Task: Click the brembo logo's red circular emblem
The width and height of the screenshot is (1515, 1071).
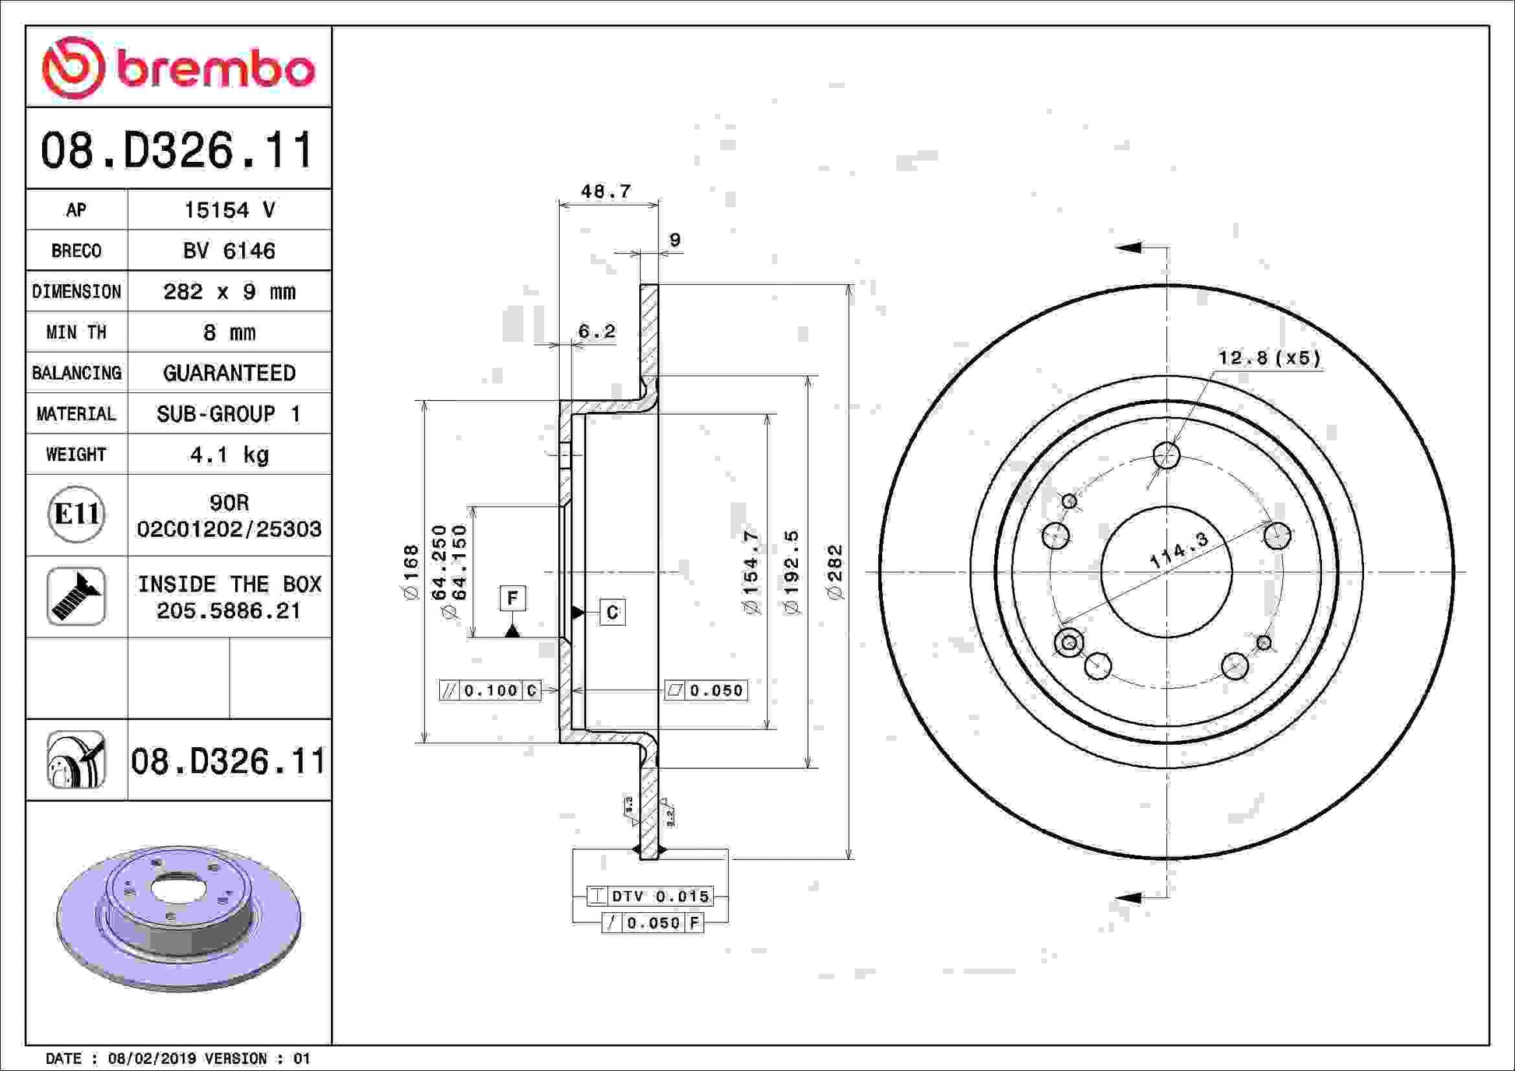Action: coord(73,68)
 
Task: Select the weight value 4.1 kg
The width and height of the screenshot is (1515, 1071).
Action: coord(229,455)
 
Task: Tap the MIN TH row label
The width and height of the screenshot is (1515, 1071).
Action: coord(76,332)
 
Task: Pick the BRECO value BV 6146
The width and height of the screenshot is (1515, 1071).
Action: coord(229,251)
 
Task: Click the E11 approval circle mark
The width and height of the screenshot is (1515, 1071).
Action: coord(76,514)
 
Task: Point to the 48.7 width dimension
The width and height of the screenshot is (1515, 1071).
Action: coord(606,191)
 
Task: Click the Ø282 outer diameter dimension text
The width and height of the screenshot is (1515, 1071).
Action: coord(835,572)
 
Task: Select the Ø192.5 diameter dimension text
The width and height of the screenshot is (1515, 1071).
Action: coord(792,573)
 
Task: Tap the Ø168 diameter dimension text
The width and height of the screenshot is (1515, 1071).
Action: coord(411,572)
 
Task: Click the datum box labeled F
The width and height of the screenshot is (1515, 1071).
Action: coord(512,598)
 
